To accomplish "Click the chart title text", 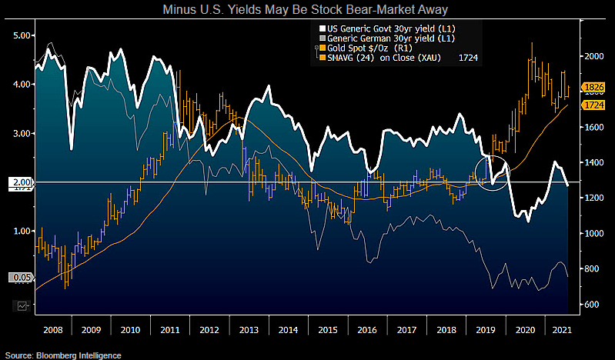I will (307, 10).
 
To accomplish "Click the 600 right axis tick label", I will (590, 305).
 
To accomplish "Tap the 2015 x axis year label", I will (326, 329).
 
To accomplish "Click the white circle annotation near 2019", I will (492, 171).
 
